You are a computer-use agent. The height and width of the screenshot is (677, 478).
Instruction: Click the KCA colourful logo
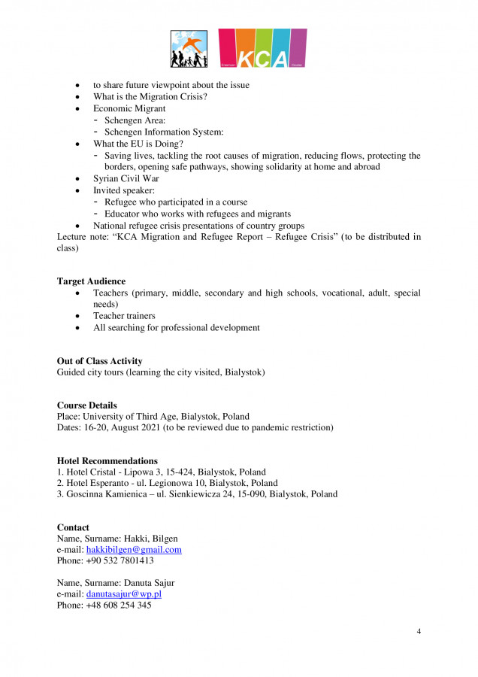click(x=262, y=49)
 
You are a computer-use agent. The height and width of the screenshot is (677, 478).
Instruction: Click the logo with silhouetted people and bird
click(x=189, y=49)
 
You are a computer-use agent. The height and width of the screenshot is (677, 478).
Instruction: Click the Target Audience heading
click(x=91, y=281)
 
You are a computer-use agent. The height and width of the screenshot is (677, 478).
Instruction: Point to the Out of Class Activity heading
click(x=99, y=361)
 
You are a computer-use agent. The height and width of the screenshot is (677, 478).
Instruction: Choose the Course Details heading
click(x=87, y=405)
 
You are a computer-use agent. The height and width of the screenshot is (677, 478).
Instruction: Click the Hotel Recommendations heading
click(x=107, y=460)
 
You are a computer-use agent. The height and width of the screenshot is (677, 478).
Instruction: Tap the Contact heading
click(x=73, y=528)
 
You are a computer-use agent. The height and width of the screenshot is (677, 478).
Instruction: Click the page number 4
click(x=419, y=630)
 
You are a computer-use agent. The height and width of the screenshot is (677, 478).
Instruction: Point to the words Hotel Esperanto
click(x=98, y=483)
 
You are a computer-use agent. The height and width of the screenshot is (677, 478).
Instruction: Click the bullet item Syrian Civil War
click(x=126, y=179)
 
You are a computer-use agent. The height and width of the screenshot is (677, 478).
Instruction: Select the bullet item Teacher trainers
click(x=124, y=316)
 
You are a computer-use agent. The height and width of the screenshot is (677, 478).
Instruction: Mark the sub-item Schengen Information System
click(x=164, y=132)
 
